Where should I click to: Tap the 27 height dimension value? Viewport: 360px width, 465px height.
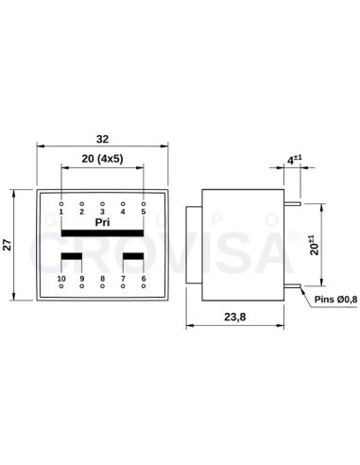(x=9, y=245)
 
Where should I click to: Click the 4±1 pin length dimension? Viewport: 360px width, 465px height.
(x=296, y=160)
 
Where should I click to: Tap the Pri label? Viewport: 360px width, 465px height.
(x=102, y=222)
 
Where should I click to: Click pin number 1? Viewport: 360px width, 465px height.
(x=61, y=212)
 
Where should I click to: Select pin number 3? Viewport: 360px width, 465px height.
(x=102, y=212)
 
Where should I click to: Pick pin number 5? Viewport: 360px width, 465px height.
(x=144, y=212)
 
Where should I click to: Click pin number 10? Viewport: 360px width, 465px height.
(x=61, y=279)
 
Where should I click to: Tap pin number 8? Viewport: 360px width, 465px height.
(x=102, y=279)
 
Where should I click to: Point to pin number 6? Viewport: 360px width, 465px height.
(x=144, y=279)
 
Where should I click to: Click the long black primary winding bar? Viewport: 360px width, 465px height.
(x=102, y=233)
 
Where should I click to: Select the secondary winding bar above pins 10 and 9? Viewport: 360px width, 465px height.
(x=72, y=256)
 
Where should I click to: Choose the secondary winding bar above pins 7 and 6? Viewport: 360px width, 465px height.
(x=133, y=256)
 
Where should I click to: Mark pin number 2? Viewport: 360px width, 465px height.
(x=82, y=212)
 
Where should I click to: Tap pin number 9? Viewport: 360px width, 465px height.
(x=82, y=279)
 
